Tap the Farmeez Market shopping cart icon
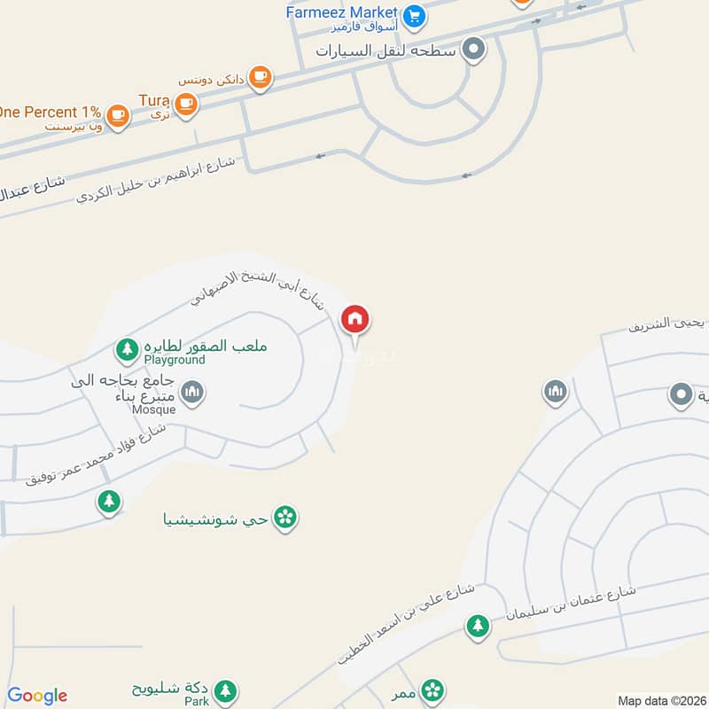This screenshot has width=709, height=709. click(413, 15)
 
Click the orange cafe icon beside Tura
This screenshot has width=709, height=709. click(184, 105)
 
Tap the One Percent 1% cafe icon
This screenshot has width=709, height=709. click(117, 114)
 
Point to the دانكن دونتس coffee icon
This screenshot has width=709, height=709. click(259, 78)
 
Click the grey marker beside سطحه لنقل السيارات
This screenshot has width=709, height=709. click(475, 50)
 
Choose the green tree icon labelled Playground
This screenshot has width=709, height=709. click(128, 349)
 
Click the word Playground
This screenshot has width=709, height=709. click(175, 361)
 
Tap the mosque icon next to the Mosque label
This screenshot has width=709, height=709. click(192, 391)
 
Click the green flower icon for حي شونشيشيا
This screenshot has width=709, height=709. click(284, 517)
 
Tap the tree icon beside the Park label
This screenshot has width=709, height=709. click(225, 690)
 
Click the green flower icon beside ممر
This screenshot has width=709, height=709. click(432, 690)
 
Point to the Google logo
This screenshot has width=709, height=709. click(37, 696)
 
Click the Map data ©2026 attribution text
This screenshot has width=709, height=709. click(660, 700)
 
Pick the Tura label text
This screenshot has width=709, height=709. click(153, 100)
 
